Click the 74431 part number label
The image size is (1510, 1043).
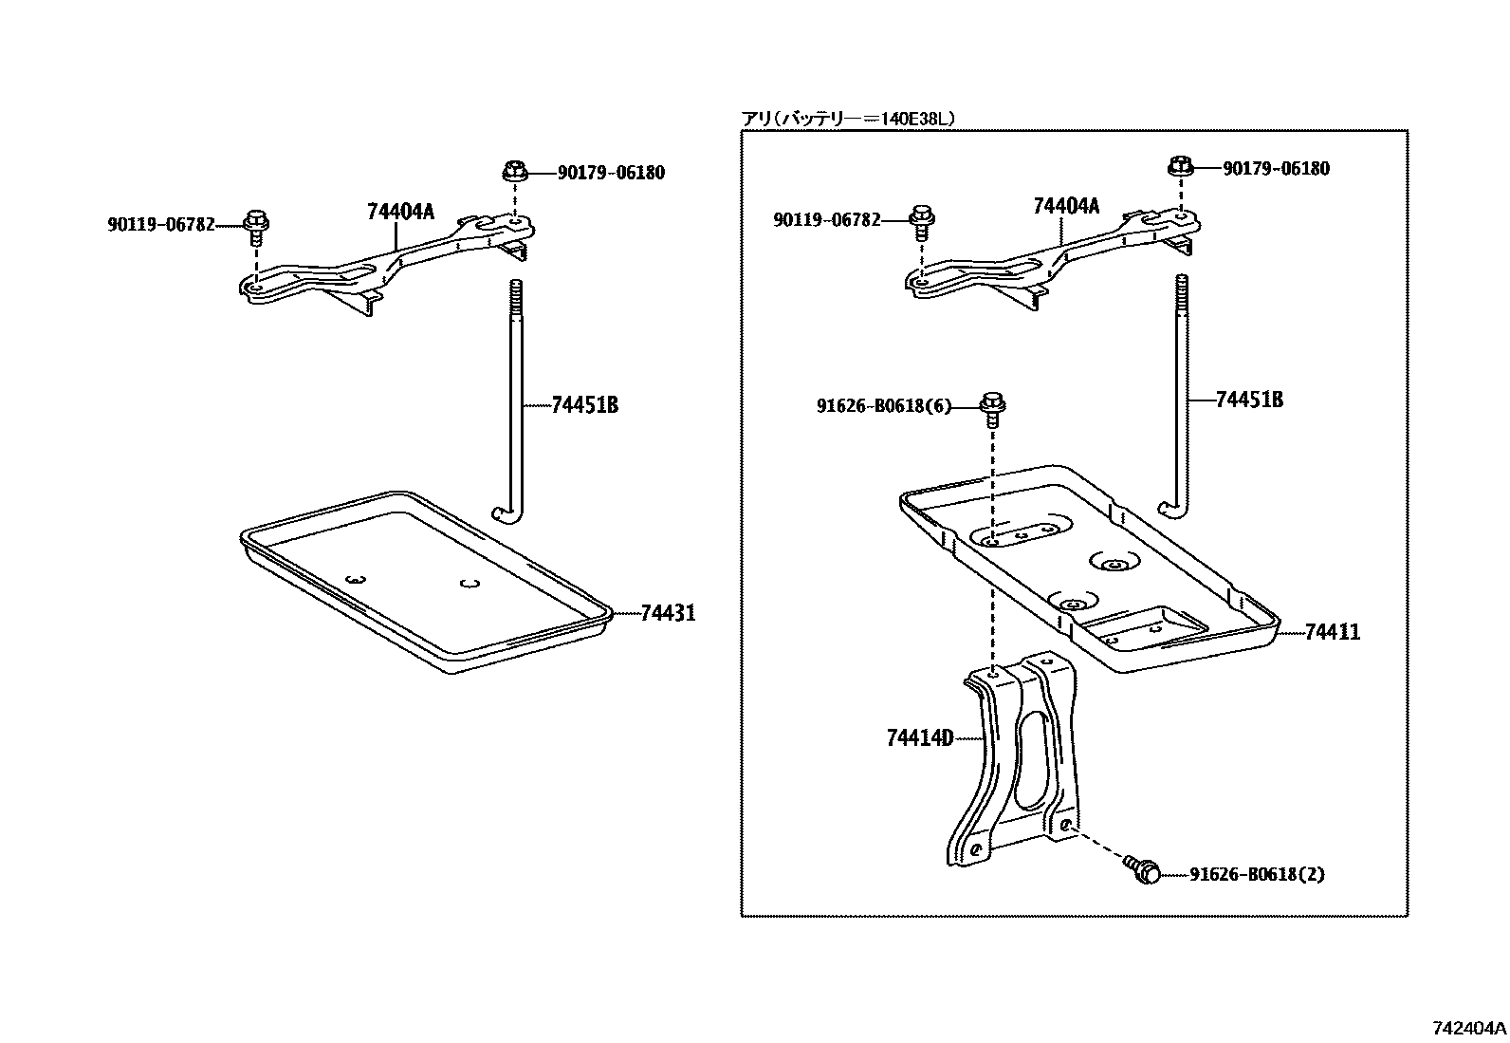click(668, 614)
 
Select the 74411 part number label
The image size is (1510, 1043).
click(1332, 632)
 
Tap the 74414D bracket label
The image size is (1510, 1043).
click(919, 737)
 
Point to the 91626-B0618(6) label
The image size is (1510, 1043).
click(883, 407)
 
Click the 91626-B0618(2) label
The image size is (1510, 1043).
click(1257, 874)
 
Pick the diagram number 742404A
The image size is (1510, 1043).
click(1468, 1027)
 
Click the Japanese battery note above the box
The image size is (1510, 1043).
click(847, 119)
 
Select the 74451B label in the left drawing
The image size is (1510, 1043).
click(584, 405)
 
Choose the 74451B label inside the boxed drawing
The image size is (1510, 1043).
click(1249, 400)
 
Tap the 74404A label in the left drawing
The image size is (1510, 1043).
click(400, 212)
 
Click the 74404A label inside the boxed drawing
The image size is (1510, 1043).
click(1066, 206)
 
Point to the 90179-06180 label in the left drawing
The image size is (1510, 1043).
click(611, 173)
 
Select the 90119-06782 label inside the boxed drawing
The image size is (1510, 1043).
click(826, 220)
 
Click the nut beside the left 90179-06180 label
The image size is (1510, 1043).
click(513, 173)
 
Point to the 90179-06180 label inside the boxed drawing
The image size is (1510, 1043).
click(1276, 168)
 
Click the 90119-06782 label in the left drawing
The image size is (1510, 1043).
click(161, 225)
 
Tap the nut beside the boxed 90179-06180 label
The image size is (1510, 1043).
click(1179, 167)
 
